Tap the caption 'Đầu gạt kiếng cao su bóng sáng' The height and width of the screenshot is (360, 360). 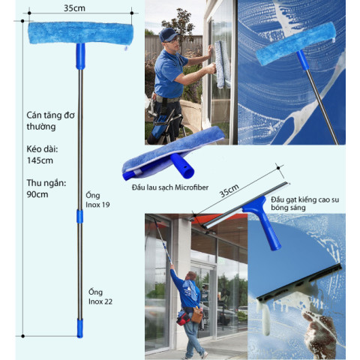[x=310, y=202]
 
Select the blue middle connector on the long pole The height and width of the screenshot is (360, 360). [x=79, y=216]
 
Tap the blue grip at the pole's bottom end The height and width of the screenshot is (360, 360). [x=79, y=326]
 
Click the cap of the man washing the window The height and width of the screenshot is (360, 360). [x=169, y=34]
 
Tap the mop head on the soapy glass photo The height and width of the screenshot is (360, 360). [x=295, y=42]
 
